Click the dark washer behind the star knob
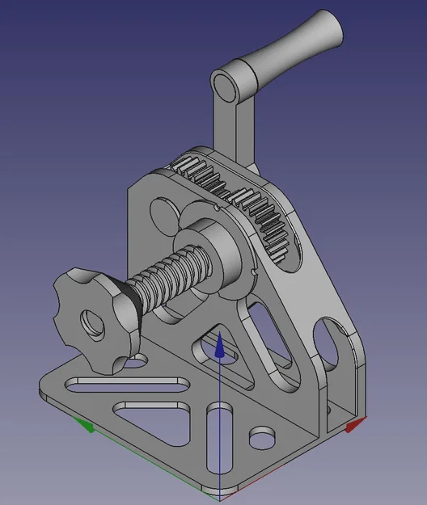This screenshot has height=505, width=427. click(x=129, y=311)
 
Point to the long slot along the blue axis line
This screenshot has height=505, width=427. click(x=218, y=440)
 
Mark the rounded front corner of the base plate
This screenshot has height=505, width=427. click(x=218, y=489)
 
